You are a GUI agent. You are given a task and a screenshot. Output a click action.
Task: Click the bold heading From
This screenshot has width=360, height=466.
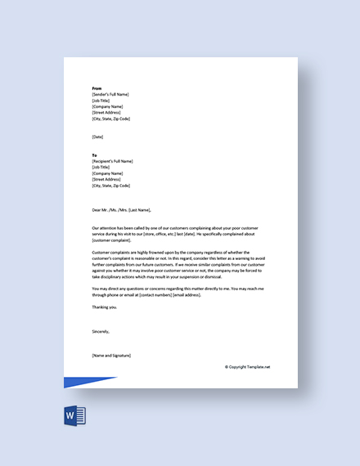click(x=97, y=87)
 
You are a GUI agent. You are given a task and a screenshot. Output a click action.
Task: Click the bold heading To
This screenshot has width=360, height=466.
click(x=95, y=155)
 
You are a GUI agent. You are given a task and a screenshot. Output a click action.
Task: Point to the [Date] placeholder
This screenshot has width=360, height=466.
click(x=98, y=137)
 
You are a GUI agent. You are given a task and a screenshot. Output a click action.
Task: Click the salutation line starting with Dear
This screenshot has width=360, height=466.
click(x=123, y=210)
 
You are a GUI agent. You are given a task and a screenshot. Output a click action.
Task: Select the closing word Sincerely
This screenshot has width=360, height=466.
click(x=101, y=331)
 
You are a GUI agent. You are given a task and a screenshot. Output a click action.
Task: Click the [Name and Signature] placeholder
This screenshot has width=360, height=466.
click(x=111, y=356)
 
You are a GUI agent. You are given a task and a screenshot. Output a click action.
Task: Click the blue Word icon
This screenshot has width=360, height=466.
click(x=74, y=416)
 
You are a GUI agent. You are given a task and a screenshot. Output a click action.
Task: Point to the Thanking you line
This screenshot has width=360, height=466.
click(x=105, y=307)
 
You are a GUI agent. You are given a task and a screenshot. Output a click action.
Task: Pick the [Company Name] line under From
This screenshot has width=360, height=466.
click(x=108, y=106)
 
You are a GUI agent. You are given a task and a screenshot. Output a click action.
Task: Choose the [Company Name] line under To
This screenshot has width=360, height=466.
click(x=108, y=173)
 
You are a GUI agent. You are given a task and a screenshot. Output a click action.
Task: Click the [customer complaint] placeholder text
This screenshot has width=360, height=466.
click(x=115, y=241)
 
